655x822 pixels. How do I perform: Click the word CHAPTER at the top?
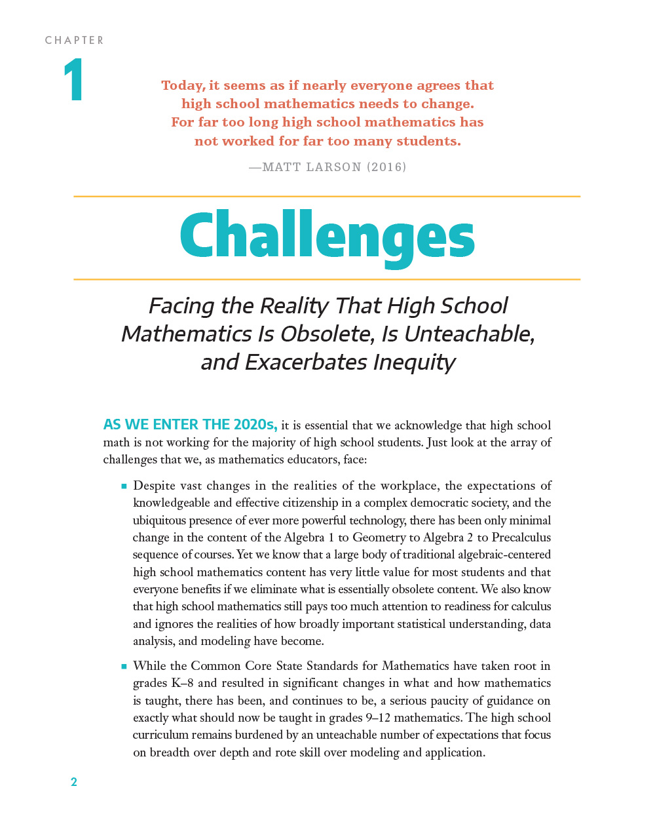coord(74,41)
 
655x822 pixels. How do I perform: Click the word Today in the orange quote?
coord(183,85)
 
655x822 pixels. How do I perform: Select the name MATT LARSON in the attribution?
coord(311,167)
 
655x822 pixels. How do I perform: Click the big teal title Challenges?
coord(327,237)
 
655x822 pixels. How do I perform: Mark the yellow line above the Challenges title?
coord(327,196)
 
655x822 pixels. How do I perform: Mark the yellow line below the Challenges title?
coord(327,279)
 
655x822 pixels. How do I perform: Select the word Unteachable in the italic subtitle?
coord(469,334)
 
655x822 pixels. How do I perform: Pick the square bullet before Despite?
coord(123,486)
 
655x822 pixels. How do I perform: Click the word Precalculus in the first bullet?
coord(521,538)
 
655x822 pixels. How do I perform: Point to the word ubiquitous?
coord(159,520)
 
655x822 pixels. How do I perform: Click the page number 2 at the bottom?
coord(74,781)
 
